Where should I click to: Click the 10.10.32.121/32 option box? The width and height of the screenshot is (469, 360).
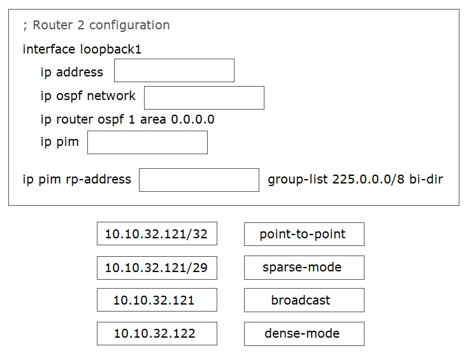pyautogui.click(x=157, y=233)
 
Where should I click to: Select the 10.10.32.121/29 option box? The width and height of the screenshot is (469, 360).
pyautogui.click(x=157, y=268)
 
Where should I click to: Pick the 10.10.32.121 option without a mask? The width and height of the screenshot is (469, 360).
pyautogui.click(x=157, y=300)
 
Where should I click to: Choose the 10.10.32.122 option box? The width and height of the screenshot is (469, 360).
pyautogui.click(x=157, y=333)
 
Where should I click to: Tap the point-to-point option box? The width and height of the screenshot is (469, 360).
pyautogui.click(x=304, y=234)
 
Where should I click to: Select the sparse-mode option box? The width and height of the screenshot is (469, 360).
pyautogui.click(x=304, y=268)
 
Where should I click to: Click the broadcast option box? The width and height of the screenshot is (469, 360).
pyautogui.click(x=304, y=300)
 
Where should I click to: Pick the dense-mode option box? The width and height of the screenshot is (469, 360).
pyautogui.click(x=304, y=334)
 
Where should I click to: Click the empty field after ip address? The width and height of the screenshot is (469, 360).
pyautogui.click(x=174, y=70)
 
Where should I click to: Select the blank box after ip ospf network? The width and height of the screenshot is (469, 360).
pyautogui.click(x=204, y=97)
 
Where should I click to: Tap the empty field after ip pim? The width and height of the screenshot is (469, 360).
pyautogui.click(x=147, y=142)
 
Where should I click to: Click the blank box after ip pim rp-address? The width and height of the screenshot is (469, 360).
pyautogui.click(x=199, y=180)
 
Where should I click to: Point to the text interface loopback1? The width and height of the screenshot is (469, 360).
pyautogui.click(x=82, y=49)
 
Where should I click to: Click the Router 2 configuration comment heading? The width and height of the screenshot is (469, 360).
pyautogui.click(x=97, y=25)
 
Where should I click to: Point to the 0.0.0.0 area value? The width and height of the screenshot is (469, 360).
pyautogui.click(x=192, y=119)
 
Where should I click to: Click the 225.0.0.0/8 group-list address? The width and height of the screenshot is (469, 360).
pyautogui.click(x=368, y=180)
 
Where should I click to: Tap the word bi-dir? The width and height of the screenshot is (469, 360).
pyautogui.click(x=426, y=179)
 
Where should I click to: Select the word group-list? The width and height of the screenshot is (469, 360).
pyautogui.click(x=298, y=180)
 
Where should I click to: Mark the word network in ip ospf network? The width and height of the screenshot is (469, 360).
pyautogui.click(x=112, y=96)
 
